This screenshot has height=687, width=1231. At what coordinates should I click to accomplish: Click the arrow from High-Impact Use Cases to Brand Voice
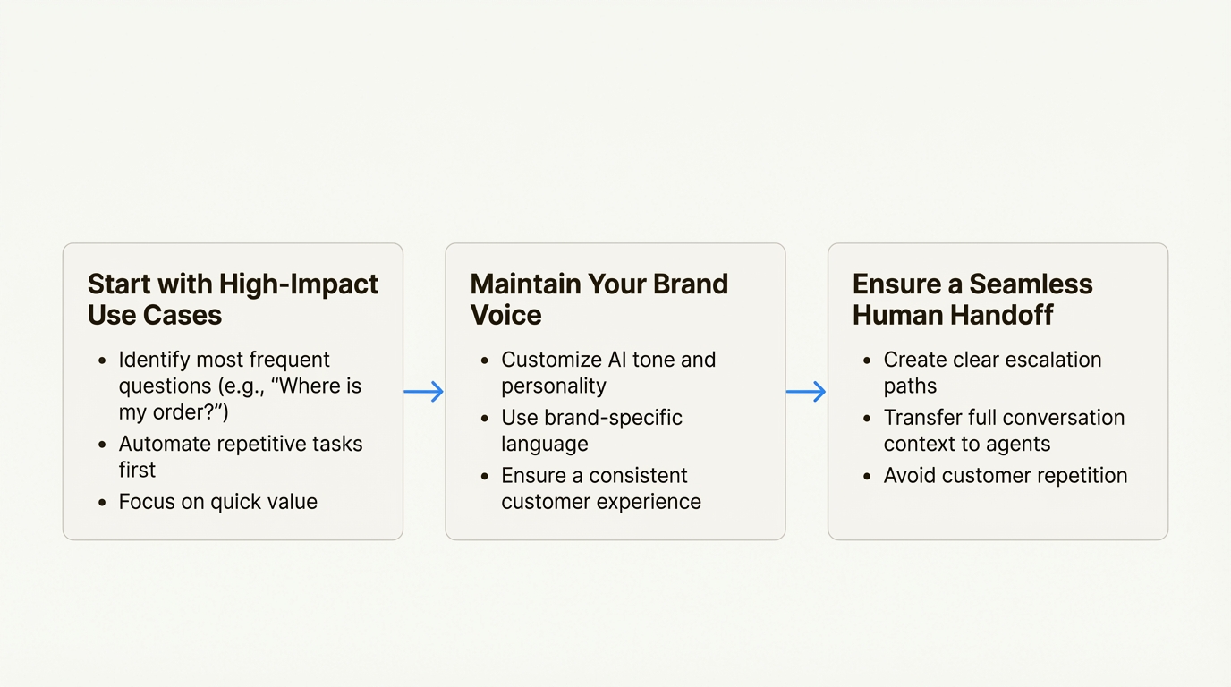424,392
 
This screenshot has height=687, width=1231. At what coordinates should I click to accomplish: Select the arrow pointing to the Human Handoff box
806,392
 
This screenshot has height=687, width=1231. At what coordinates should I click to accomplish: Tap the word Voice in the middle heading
506,315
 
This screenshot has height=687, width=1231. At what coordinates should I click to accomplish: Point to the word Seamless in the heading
1031,284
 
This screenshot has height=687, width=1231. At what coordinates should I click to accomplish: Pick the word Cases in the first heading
189,315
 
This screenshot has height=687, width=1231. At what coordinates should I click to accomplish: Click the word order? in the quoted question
191,412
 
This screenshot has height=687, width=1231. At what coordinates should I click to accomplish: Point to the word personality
554,386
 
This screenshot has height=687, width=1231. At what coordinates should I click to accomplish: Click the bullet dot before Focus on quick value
102,503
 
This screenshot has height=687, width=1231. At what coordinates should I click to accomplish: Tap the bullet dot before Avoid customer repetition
867,476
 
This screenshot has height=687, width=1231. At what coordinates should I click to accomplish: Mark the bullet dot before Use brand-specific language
484,419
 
